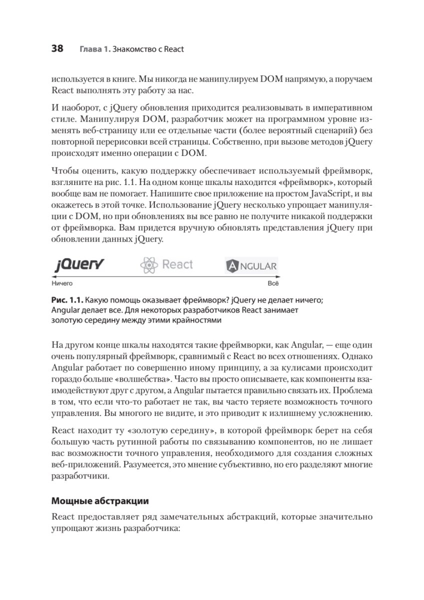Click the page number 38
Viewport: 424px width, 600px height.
coord(57,48)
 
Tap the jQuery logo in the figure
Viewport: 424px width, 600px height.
coord(79,264)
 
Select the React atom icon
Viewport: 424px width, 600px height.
coord(149,265)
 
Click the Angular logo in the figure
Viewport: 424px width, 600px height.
coord(251,265)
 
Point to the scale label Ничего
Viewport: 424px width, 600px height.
coord(62,283)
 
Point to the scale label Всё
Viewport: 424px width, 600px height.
coord(273,283)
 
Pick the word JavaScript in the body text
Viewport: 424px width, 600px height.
coord(294,194)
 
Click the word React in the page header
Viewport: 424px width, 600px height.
coord(174,49)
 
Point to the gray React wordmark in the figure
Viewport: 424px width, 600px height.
coord(177,264)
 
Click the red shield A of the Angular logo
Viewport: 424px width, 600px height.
coord(233,266)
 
